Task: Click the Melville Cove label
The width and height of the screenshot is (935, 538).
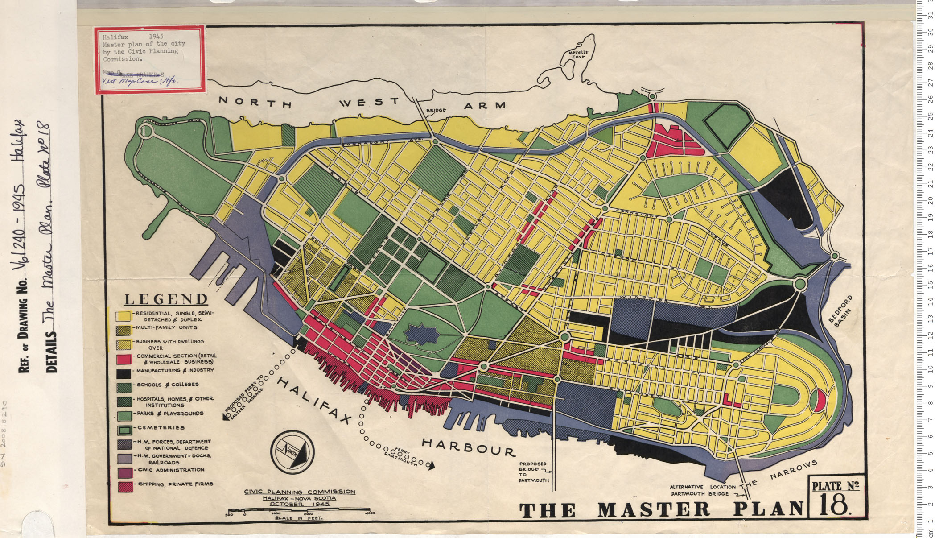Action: click(x=578, y=54)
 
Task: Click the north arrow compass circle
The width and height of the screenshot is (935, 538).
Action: click(x=292, y=452)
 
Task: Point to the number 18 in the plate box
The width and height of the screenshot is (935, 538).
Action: click(x=833, y=505)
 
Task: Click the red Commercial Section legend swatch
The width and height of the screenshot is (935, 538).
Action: click(x=124, y=359)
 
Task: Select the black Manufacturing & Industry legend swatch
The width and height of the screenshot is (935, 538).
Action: click(x=124, y=373)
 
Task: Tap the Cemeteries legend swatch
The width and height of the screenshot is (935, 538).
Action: click(x=124, y=430)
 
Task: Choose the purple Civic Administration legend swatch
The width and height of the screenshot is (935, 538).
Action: click(x=124, y=472)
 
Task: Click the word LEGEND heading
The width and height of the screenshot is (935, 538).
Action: click(x=166, y=299)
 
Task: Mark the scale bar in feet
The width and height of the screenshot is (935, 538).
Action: click(x=299, y=510)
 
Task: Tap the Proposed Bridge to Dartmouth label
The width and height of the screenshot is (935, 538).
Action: click(x=533, y=472)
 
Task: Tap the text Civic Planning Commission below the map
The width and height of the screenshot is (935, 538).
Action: click(x=299, y=492)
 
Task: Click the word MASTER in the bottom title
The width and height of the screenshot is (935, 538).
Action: click(x=653, y=509)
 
